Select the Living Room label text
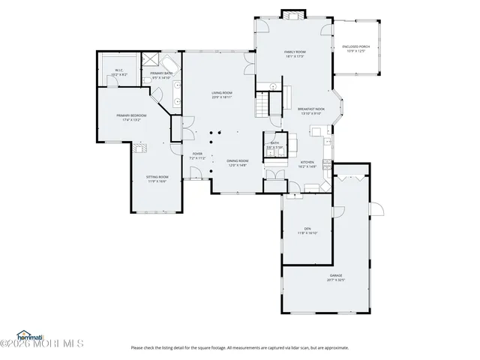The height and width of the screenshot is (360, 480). [x=221, y=95]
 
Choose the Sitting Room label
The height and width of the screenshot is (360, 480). [x=157, y=178]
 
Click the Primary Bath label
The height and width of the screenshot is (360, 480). [x=161, y=75]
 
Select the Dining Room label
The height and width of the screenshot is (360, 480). [x=238, y=163]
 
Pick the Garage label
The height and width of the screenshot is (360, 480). [x=336, y=277]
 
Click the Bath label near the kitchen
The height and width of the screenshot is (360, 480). [x=274, y=145]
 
